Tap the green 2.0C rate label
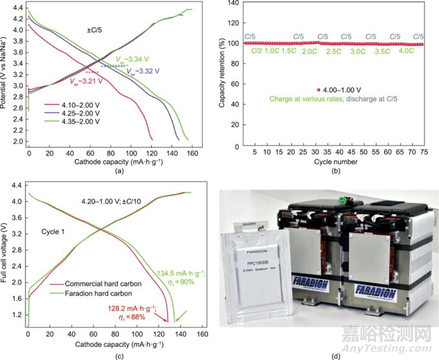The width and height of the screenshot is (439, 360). [x=309, y=51]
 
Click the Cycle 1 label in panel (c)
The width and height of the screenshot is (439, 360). [x=62, y=231]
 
